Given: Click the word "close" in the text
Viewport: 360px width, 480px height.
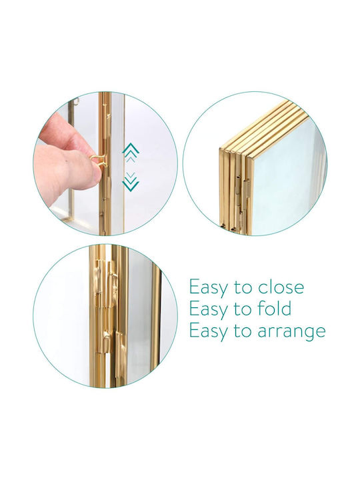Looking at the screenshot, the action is [x=281, y=287].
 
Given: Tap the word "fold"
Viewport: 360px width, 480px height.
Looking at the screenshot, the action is [x=275, y=309].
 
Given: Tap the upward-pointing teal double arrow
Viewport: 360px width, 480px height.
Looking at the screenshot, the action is [x=131, y=150].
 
